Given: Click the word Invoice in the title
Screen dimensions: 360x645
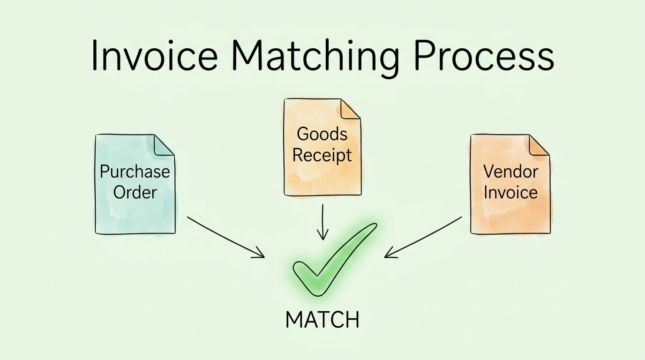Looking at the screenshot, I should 154,56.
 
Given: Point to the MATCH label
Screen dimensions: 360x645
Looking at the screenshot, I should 322,320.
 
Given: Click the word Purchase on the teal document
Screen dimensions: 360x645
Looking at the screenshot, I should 135,172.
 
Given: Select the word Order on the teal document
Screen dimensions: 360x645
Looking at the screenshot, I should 135,192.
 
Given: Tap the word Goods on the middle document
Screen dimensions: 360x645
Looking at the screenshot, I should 322,134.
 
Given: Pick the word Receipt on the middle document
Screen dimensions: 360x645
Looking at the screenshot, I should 322,155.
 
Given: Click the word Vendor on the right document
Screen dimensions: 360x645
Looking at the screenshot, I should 510,172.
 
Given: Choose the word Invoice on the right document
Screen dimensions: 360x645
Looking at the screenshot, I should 510,192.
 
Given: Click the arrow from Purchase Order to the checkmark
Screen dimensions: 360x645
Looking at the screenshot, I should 225,237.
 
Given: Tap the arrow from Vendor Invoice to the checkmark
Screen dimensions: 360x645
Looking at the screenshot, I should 423,237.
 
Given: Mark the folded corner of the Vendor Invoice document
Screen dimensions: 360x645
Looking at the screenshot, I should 539,144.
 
